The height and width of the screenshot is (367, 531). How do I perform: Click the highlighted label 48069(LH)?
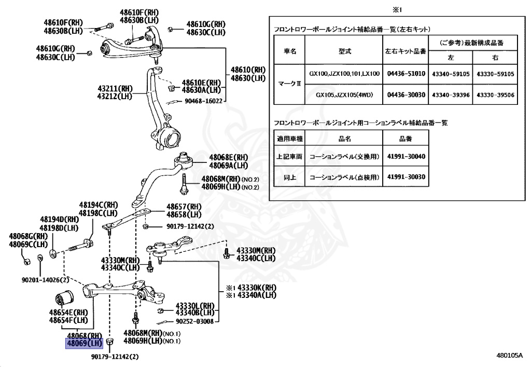tap(83, 343)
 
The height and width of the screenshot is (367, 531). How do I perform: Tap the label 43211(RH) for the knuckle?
tap(114, 88)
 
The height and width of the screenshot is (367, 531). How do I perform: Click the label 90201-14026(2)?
tap(45, 280)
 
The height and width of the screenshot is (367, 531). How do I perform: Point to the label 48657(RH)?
tap(183, 207)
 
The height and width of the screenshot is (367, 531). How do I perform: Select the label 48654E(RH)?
tap(69, 312)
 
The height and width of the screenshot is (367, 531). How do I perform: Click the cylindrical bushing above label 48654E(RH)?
tap(66, 300)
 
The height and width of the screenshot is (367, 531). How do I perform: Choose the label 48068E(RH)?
tap(229, 157)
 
